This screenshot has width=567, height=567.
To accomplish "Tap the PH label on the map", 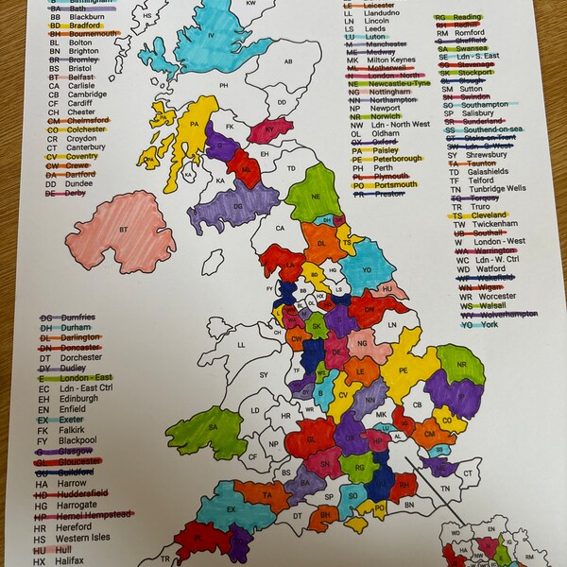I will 225,86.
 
